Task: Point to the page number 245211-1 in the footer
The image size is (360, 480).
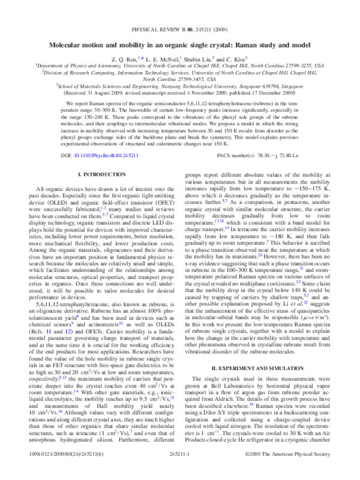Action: point(179,472)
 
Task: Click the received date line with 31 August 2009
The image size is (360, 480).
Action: point(179,102)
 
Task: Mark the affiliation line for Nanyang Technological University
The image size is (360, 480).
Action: point(179,95)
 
